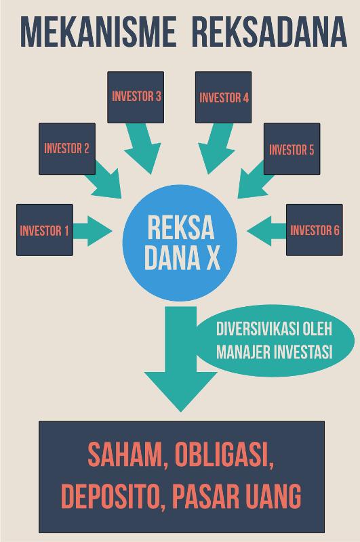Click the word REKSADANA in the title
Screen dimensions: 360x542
(x=270, y=32)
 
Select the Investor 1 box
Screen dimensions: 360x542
(x=45, y=230)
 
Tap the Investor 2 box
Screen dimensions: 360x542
(x=67, y=148)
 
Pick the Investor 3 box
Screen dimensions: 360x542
(x=136, y=97)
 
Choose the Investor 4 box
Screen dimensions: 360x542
(x=224, y=97)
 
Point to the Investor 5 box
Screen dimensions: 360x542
(x=292, y=148)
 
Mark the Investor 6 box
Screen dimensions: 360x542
(x=315, y=230)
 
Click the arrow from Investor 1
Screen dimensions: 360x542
(x=92, y=231)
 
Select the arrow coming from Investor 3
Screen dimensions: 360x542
(x=141, y=148)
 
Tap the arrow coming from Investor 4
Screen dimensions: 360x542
(x=218, y=148)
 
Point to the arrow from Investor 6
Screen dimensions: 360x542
(x=266, y=231)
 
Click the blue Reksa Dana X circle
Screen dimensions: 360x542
(x=180, y=243)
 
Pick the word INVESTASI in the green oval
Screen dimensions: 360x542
(x=303, y=352)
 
